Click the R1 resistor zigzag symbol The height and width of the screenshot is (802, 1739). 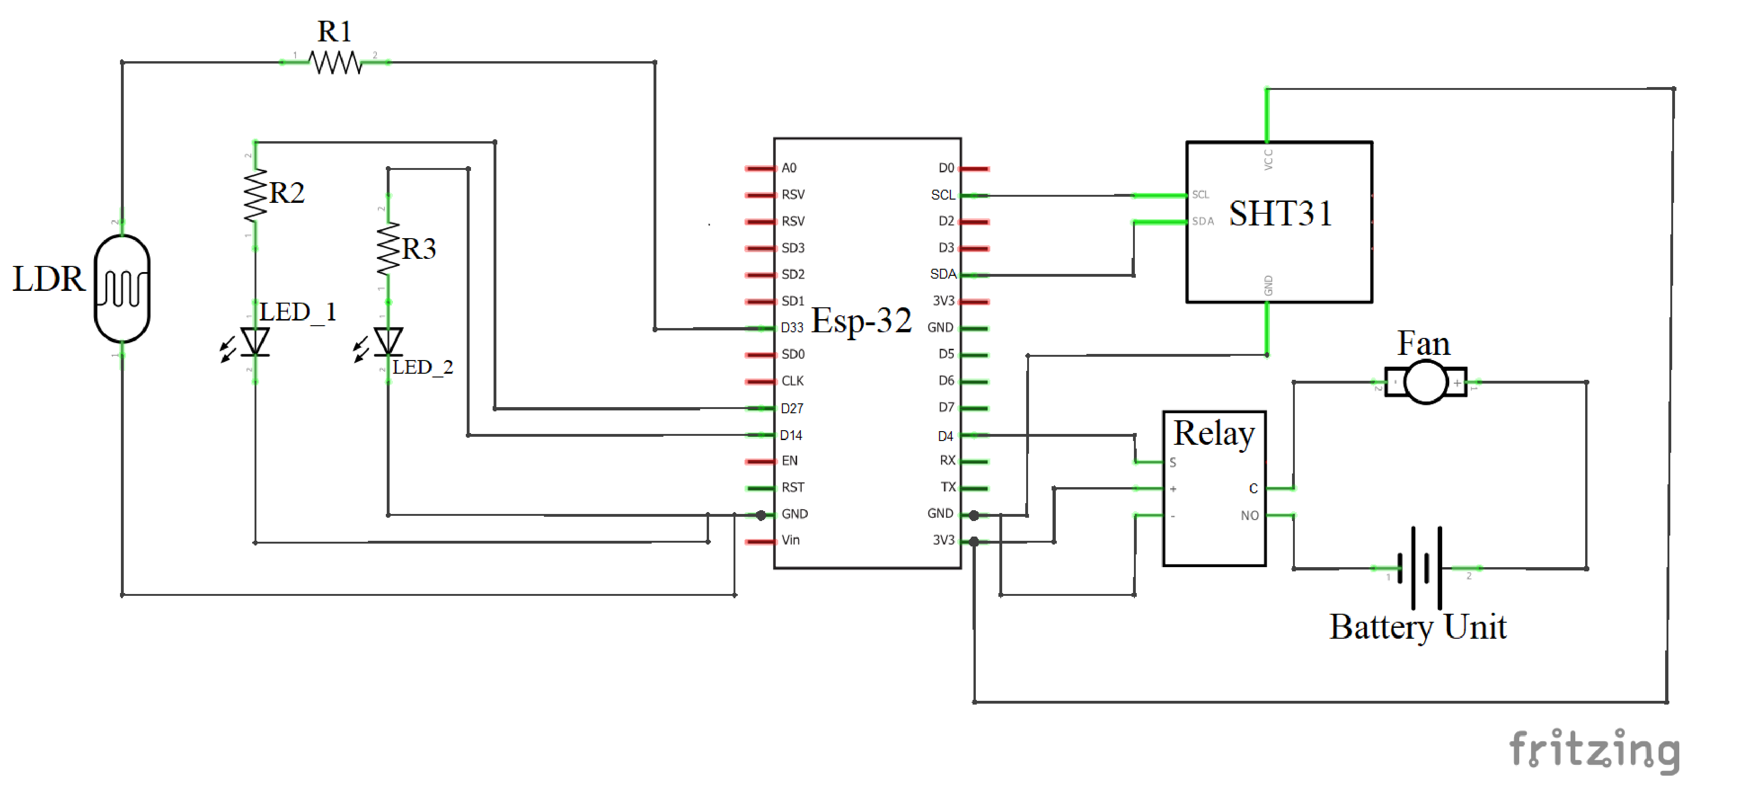click(x=335, y=63)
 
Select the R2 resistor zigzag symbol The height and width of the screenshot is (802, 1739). click(x=255, y=196)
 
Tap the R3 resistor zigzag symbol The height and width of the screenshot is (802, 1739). click(x=388, y=249)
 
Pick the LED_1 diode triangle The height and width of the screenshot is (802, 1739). click(x=255, y=341)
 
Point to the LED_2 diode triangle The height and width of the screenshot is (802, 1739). click(x=388, y=341)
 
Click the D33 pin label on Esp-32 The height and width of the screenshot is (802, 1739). click(x=792, y=328)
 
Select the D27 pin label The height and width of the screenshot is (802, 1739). click(x=792, y=409)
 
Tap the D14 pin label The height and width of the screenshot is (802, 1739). click(x=791, y=435)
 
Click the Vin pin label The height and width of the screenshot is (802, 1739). click(x=790, y=540)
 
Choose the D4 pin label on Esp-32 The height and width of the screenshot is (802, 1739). click(x=945, y=436)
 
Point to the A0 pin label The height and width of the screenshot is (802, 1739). click(x=789, y=168)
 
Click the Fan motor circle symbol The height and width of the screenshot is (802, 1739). click(x=1426, y=383)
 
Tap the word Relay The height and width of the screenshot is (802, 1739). click(x=1214, y=433)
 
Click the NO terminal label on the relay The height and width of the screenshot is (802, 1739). click(x=1250, y=516)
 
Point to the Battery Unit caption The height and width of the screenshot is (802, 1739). click(x=1418, y=627)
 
